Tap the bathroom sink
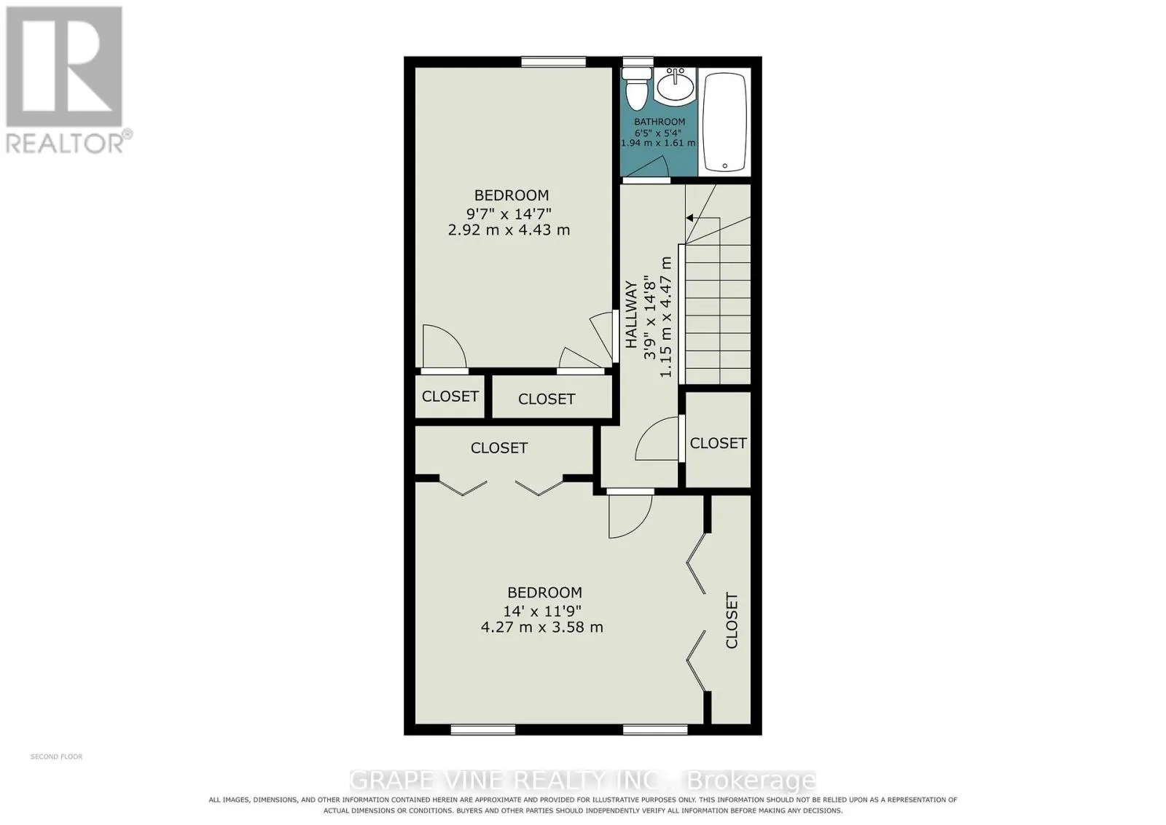pos(675,87)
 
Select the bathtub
pos(724,122)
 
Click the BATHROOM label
pos(660,122)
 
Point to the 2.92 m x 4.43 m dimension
pos(509,230)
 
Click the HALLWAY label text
pos(631,314)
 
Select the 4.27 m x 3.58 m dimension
pos(542,627)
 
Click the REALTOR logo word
pos(65,144)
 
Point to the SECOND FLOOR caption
pos(56,756)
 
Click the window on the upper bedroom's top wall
pos(554,62)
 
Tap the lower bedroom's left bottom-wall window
pos(483,730)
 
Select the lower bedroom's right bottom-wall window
pos(655,730)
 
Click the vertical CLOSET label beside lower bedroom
pos(732,620)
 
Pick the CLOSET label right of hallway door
pos(719,443)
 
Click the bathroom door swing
pos(646,167)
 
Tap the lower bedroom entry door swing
pos(630,516)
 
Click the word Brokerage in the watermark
pos(752,781)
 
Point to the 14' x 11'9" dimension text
pos(542,610)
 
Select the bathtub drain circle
pos(724,166)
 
